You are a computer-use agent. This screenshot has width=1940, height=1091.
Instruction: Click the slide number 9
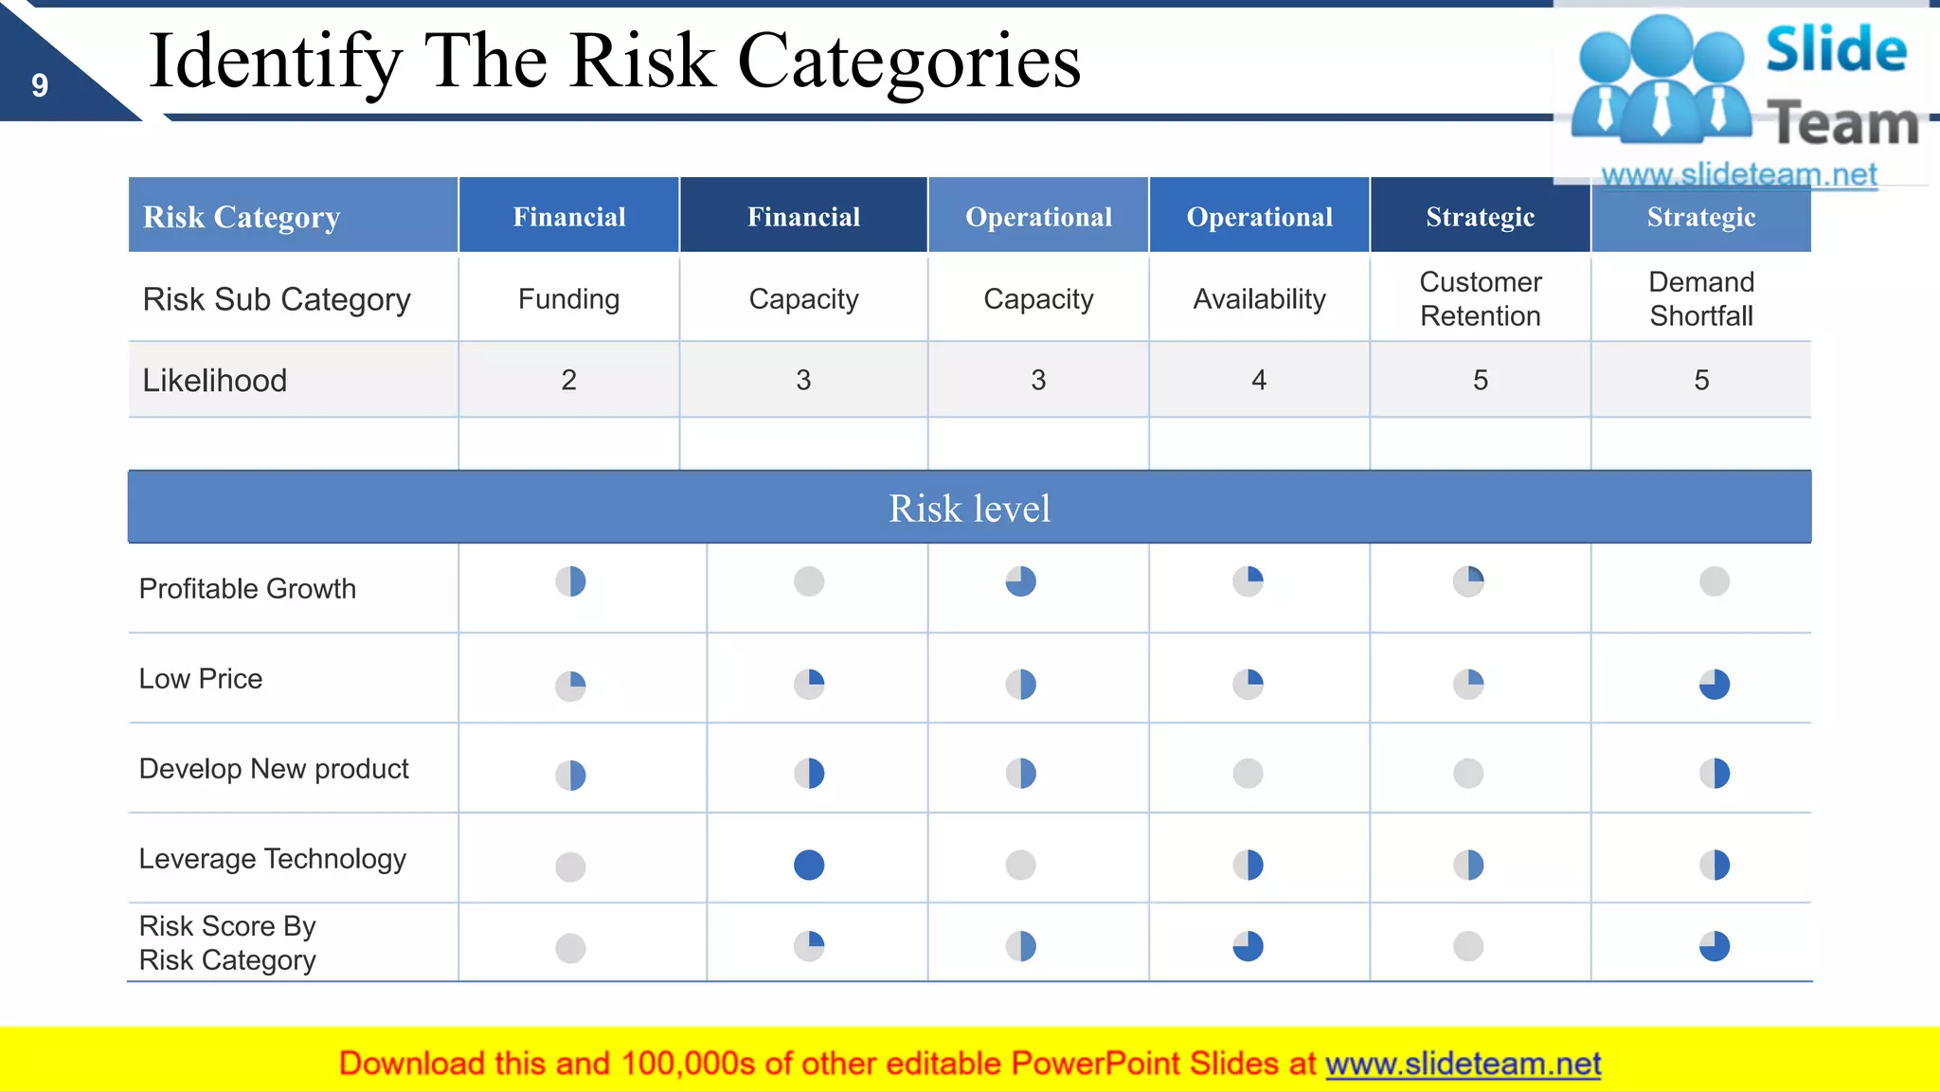pos(40,86)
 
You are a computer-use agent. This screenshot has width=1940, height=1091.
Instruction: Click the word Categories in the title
pos(908,62)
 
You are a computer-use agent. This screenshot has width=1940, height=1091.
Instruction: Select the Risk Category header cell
pos(242,217)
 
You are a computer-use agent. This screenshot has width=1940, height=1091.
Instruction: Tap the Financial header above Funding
pos(569,217)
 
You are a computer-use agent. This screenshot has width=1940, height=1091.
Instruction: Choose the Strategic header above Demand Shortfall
pos(1701,217)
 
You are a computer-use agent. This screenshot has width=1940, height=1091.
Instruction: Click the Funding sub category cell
pos(568,299)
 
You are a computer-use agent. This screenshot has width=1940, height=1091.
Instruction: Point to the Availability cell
pos(1259,299)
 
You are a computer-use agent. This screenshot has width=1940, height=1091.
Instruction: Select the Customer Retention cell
pos(1480,299)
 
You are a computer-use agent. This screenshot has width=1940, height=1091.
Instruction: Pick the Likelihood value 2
pos(568,381)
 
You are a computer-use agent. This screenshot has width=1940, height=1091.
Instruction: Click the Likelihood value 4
pos(1259,381)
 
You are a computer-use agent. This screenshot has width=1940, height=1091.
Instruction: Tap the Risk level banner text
pos(969,509)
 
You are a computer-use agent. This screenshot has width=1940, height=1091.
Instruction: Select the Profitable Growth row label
pos(247,589)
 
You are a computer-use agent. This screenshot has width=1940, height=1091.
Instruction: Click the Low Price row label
pos(201,679)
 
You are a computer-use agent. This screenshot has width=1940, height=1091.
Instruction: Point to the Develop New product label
pos(274,769)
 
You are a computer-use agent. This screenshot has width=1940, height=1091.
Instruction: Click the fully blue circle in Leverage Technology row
pos(809,865)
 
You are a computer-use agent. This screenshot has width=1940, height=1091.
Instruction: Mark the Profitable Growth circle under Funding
pos(570,581)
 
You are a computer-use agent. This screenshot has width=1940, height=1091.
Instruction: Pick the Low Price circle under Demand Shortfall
pos(1715,684)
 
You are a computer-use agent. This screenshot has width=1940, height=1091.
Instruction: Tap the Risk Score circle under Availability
pos(1248,946)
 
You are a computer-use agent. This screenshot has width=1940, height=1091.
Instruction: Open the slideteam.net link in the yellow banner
pos(1463,1064)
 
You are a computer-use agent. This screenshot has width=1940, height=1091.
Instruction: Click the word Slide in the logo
pos(1836,50)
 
